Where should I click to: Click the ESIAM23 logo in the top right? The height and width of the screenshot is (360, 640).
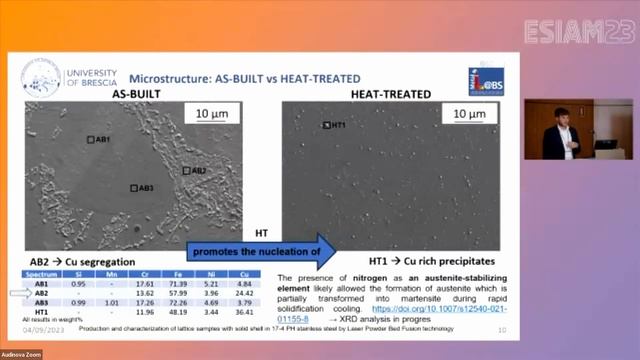pyautogui.click(x=577, y=30)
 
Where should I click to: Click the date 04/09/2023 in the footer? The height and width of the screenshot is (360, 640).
pyautogui.click(x=40, y=328)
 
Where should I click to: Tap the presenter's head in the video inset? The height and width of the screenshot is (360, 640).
pyautogui.click(x=562, y=114)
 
